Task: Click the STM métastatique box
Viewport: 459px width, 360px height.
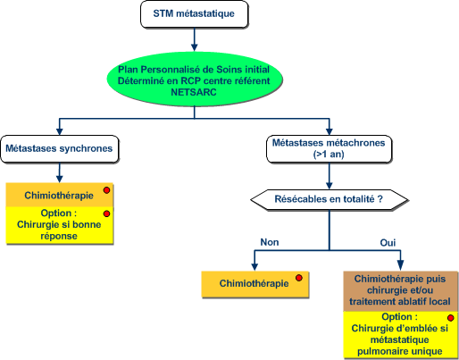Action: coord(194,14)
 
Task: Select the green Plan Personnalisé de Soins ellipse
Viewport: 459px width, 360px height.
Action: coord(195,80)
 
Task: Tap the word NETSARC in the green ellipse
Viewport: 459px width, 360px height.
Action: coord(194,92)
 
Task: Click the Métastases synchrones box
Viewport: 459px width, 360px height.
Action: coord(60,148)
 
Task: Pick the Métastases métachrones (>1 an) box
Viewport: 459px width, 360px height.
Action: coord(329,149)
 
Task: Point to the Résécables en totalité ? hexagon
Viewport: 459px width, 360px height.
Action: coord(329,199)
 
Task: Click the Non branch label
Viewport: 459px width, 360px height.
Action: coord(270,242)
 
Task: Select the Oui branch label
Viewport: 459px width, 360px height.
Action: coord(388,243)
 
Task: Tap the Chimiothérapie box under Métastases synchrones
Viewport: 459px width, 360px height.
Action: coord(60,195)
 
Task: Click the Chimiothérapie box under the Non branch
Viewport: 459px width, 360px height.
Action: coord(255,284)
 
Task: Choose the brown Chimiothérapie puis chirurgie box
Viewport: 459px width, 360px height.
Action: coord(401,291)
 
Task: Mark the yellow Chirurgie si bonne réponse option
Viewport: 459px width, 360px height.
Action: coord(60,225)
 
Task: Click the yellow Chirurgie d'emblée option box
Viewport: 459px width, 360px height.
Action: coord(401,334)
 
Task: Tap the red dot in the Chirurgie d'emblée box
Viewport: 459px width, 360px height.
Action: coord(451,318)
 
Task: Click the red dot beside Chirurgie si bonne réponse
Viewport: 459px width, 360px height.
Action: coord(106,213)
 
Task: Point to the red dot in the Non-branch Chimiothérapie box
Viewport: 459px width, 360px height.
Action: coord(299,278)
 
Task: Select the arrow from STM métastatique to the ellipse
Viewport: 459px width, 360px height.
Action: coord(195,39)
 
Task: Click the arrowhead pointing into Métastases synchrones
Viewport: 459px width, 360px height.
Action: coord(60,131)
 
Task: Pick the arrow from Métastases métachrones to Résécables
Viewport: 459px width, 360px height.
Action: coord(329,176)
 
